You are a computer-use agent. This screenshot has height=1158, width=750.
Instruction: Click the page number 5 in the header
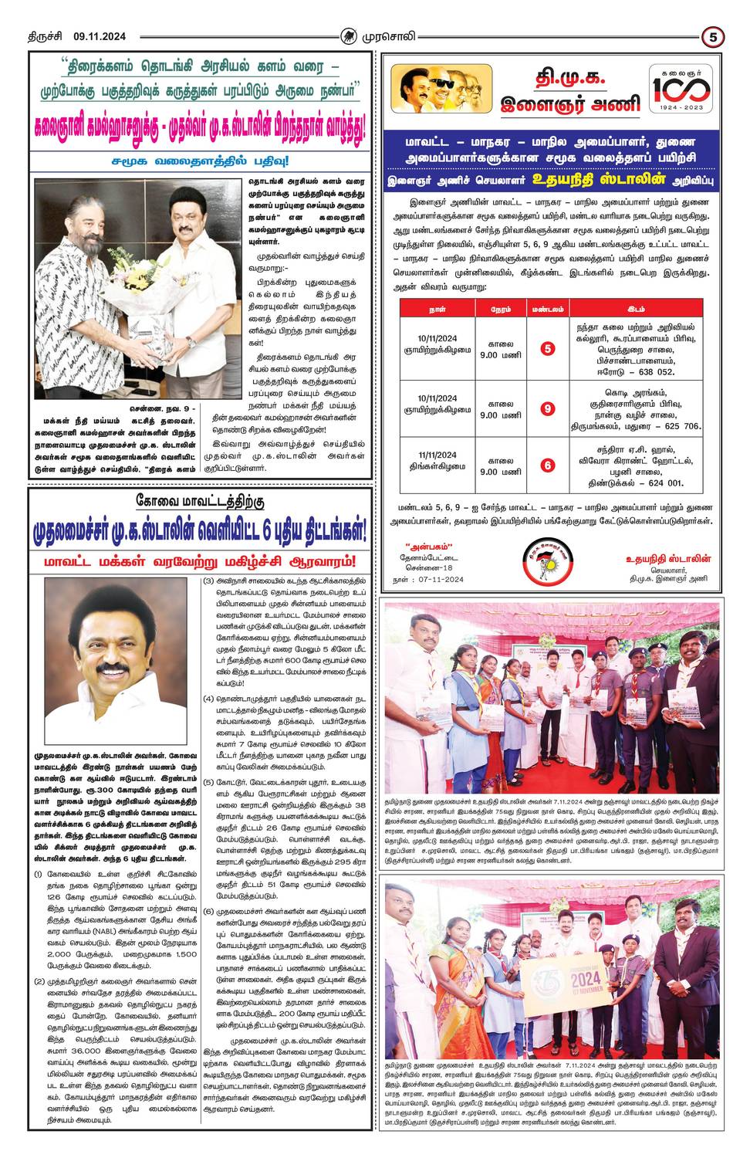[712, 36]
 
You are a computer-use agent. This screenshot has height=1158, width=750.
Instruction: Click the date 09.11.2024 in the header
[100, 36]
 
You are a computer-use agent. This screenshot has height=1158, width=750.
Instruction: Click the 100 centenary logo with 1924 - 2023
[678, 90]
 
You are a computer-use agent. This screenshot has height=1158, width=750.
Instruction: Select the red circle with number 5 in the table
[547, 348]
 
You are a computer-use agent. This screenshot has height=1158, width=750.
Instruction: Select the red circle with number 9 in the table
[547, 408]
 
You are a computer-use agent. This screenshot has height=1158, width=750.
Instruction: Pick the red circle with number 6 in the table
[547, 465]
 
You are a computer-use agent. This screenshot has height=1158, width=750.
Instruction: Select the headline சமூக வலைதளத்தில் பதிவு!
[200, 161]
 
